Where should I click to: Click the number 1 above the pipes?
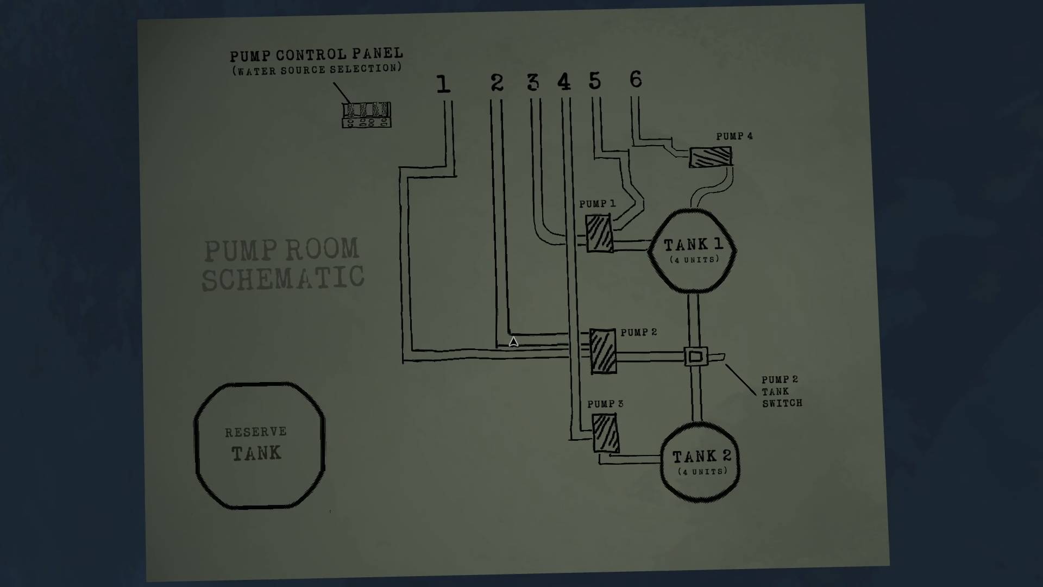point(443,84)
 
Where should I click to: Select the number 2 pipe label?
point(497,83)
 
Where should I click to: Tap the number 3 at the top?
point(533,82)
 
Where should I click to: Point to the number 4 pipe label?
point(564,82)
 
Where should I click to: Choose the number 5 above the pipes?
point(595,80)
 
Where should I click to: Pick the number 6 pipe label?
point(636,79)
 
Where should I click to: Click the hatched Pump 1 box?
point(599,233)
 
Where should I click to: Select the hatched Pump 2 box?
point(603,351)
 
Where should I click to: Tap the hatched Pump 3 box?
point(605,433)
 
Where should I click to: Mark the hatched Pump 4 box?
point(711,157)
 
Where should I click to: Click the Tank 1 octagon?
point(693,251)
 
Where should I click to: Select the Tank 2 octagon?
point(701,462)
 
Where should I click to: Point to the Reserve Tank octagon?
point(260,446)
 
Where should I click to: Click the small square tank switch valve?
point(696,357)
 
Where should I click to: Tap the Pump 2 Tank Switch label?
point(781,391)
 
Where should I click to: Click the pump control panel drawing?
point(367,115)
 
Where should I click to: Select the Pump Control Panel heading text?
point(316,55)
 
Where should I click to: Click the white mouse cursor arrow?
point(513,342)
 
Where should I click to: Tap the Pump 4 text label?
point(734,136)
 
